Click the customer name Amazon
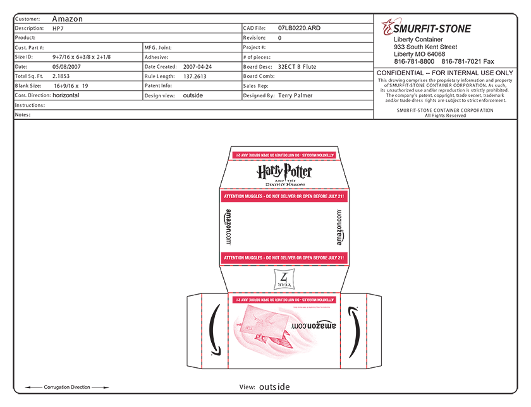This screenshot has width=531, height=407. [67, 19]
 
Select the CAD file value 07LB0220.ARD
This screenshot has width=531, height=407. [299, 28]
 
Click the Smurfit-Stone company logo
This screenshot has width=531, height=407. [426, 28]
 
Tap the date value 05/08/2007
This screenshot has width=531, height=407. [67, 66]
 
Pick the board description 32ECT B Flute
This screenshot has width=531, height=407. [297, 66]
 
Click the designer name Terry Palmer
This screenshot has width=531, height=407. [295, 95]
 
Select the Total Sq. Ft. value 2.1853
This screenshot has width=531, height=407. [63, 76]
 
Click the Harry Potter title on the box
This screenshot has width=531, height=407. [284, 172]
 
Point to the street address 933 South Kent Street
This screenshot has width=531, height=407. [425, 47]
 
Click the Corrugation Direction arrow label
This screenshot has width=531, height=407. [67, 387]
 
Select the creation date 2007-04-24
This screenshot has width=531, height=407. [197, 66]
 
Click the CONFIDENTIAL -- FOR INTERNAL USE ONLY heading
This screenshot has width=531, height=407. [445, 73]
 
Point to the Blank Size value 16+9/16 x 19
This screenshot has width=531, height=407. [71, 85]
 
